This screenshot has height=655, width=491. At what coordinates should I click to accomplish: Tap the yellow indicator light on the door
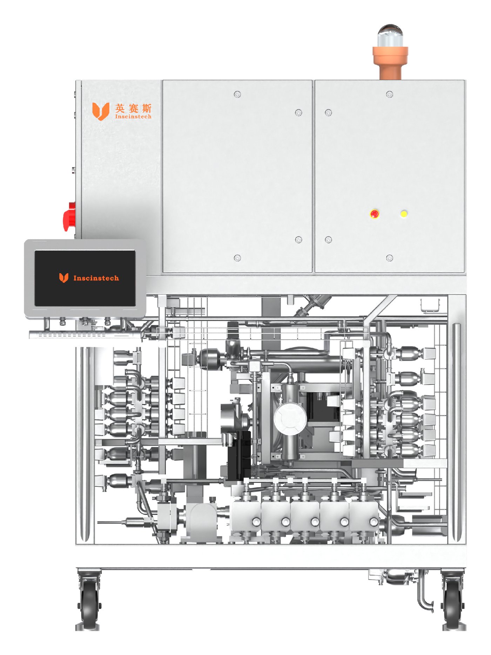click(x=404, y=214)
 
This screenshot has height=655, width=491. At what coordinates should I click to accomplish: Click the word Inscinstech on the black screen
click(x=96, y=278)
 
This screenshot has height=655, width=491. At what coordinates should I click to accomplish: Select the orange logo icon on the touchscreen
click(x=63, y=278)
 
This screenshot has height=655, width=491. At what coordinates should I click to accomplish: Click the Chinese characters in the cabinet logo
click(x=133, y=108)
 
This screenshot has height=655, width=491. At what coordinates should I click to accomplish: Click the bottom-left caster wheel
click(x=89, y=601)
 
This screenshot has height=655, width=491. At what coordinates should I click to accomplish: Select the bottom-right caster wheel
click(x=453, y=601)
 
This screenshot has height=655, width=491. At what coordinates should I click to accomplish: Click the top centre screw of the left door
click(x=237, y=94)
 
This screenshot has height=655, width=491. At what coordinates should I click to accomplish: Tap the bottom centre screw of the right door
click(x=389, y=258)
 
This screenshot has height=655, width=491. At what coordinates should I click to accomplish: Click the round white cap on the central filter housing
click(x=290, y=418)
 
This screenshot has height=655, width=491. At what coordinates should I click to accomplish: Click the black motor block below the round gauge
click(x=239, y=455)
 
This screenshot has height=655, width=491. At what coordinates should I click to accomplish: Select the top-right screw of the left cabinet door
click(x=298, y=112)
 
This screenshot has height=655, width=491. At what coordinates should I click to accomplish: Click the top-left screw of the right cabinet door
click(x=328, y=112)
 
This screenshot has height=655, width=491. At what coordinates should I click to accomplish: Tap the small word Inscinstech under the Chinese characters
click(x=133, y=117)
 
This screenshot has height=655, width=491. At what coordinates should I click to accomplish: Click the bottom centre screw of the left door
click(x=237, y=258)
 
